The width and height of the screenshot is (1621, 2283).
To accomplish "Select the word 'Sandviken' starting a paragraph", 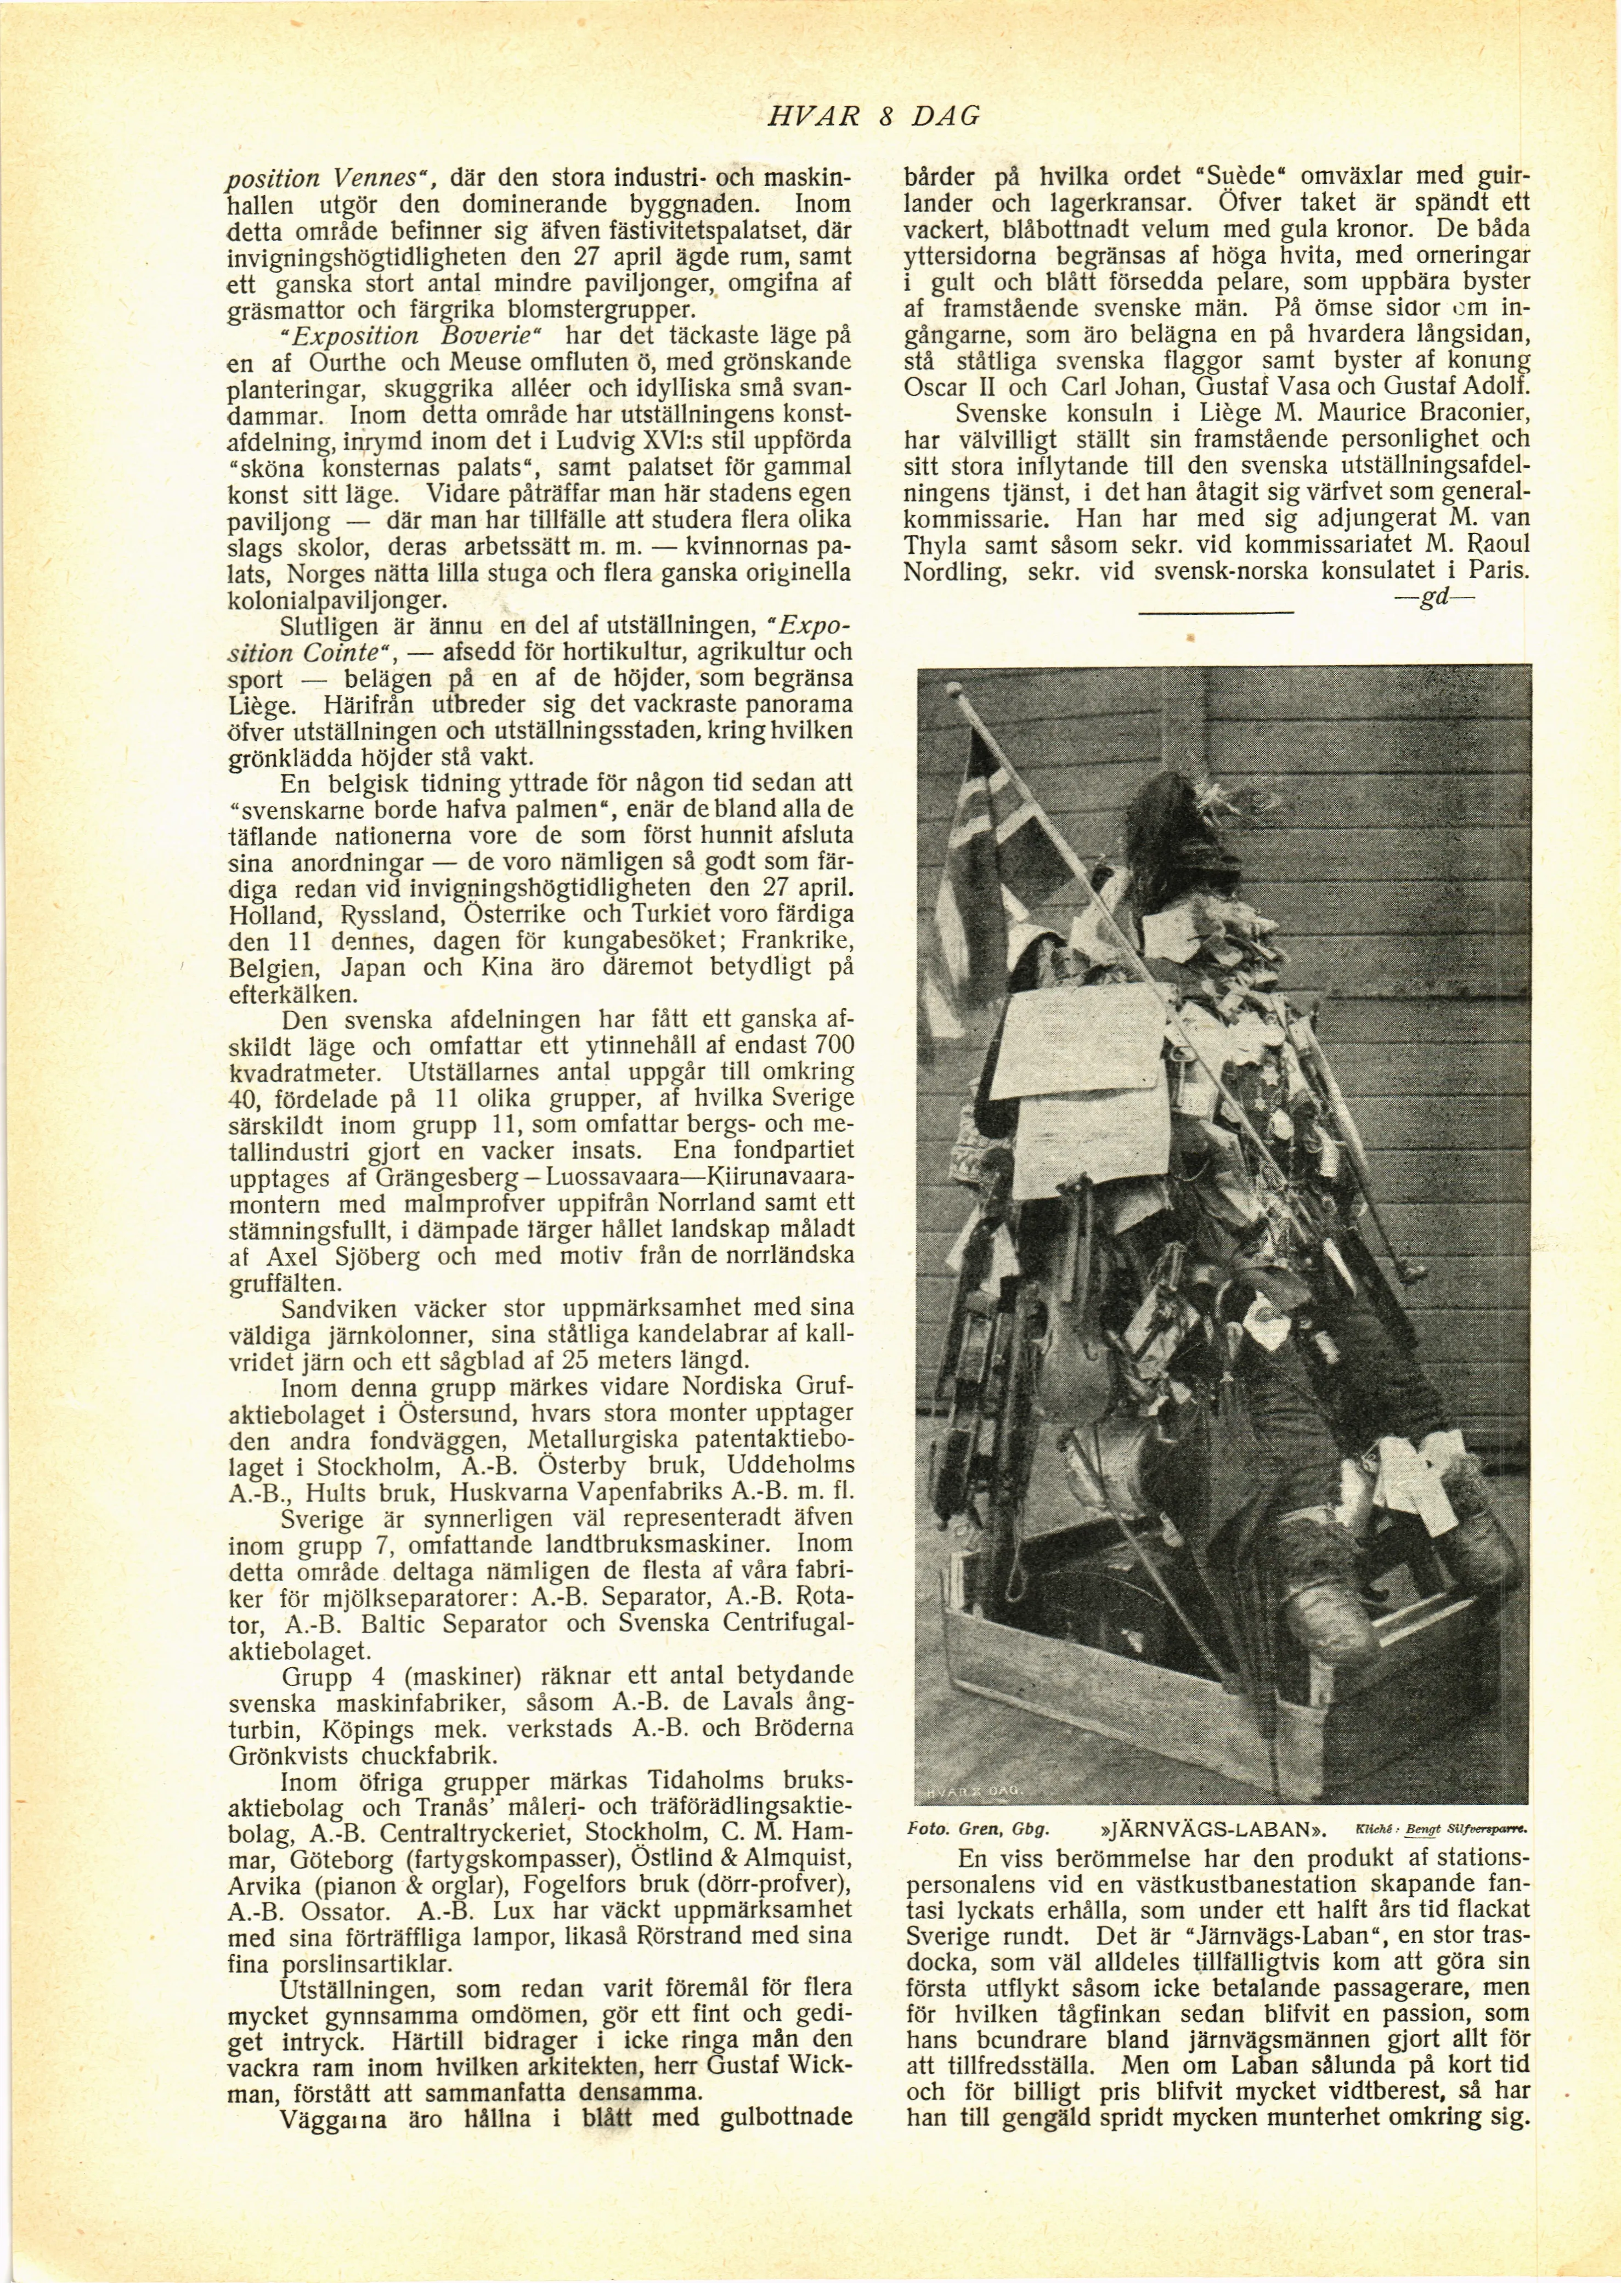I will [x=335, y=1308].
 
